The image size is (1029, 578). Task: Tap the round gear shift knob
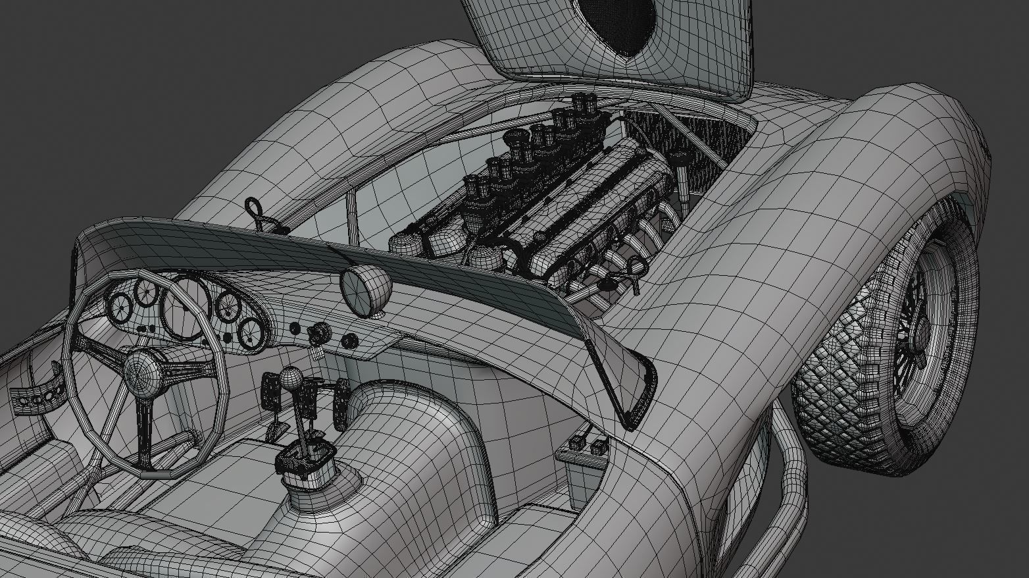291,378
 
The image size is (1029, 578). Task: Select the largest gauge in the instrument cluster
186,309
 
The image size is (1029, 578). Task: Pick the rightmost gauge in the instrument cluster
251,332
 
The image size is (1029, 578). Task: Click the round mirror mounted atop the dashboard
365,290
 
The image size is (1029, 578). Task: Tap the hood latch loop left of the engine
255,213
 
